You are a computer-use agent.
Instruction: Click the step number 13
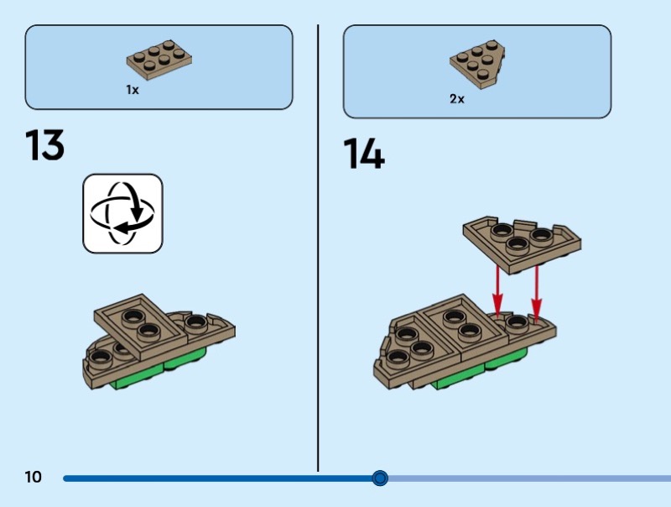45,145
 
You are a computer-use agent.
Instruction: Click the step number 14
363,155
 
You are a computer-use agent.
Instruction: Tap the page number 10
33,478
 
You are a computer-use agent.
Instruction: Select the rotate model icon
122,213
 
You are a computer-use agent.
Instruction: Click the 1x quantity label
133,90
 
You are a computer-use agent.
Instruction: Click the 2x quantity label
457,98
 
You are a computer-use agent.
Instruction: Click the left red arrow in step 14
497,290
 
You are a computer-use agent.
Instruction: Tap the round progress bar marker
380,478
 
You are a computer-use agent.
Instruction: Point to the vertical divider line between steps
318,252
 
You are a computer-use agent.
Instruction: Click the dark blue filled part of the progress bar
218,478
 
